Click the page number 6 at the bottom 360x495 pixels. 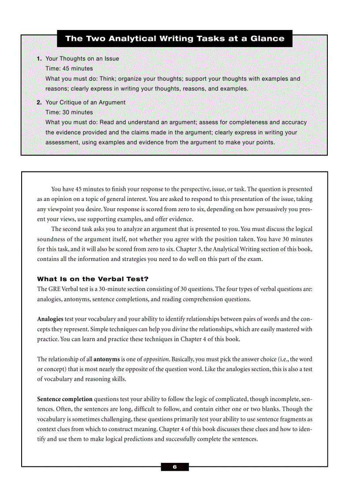pos(175,467)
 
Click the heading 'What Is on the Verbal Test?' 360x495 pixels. pos(93,279)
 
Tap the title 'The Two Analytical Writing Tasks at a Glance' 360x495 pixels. pos(175,38)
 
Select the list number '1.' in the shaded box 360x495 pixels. pos(39,59)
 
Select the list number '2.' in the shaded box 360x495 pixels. pos(39,102)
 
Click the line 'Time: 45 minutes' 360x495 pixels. pos(69,68)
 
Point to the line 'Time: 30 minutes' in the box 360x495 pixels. pos(69,112)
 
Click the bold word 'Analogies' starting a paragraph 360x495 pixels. pos(50,319)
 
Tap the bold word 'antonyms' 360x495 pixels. pos(106,359)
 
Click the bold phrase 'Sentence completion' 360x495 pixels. pos(65,399)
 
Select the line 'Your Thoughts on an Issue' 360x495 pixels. pos(82,59)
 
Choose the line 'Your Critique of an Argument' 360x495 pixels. pos(86,102)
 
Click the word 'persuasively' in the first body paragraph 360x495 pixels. pos(268,209)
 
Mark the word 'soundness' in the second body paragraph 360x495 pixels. pos(52,239)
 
